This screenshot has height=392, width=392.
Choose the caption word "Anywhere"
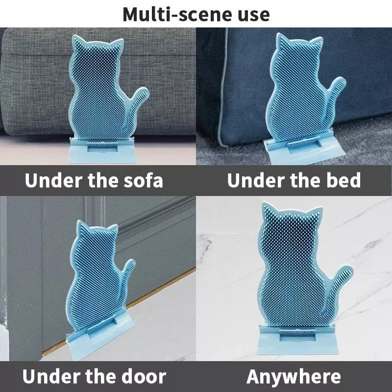[x=294, y=376]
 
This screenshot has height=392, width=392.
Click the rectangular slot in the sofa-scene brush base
[x=102, y=148]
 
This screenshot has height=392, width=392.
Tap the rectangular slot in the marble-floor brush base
[x=295, y=336]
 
